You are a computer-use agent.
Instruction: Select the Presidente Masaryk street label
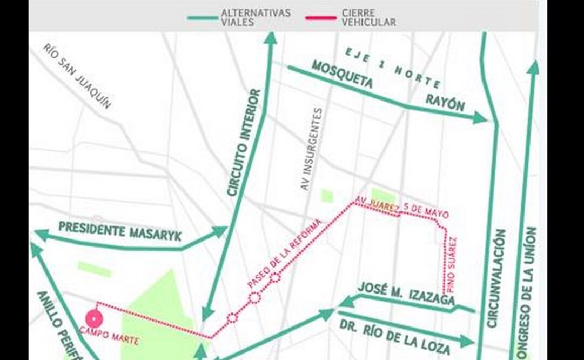coord(120,231)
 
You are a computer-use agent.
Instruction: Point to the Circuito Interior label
coord(244,143)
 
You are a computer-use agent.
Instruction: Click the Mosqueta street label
coord(342,74)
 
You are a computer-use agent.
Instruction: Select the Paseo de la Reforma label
coord(284,252)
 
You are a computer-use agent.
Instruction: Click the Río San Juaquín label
coord(77,76)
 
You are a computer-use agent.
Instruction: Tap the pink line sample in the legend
coord(321,18)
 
